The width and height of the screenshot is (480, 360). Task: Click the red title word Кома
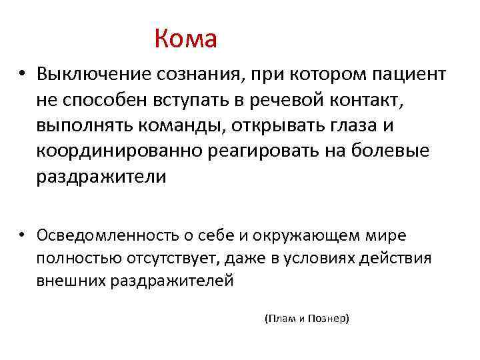[x=185, y=39]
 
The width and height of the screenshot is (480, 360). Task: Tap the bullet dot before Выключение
[x=22, y=74]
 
